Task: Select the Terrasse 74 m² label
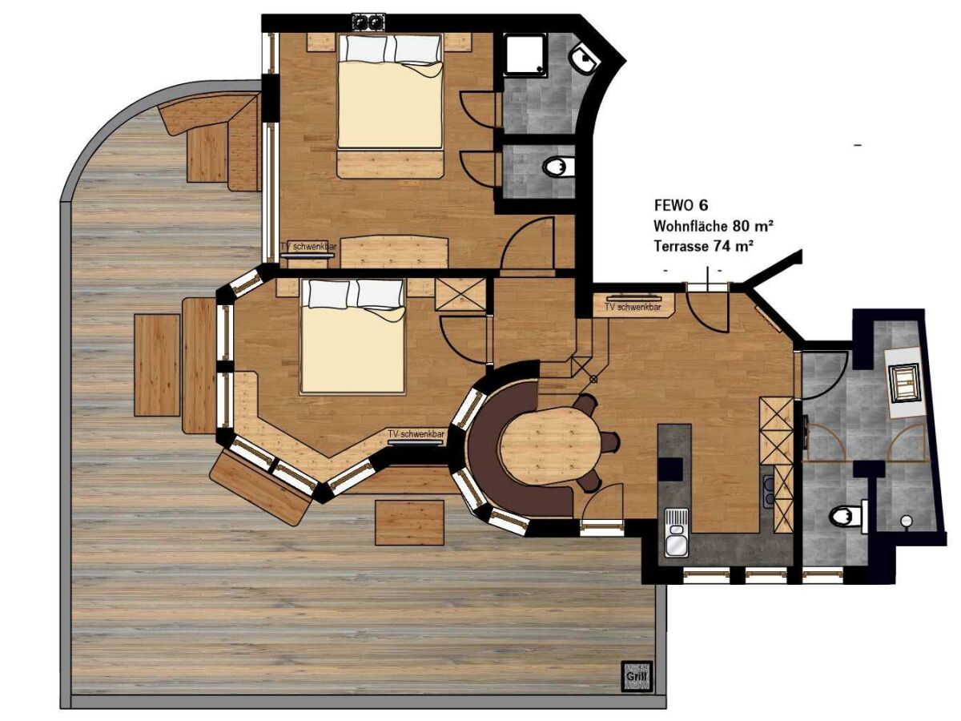tap(704, 246)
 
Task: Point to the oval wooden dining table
tap(550, 445)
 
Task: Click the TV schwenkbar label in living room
tap(633, 308)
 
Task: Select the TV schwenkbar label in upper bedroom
tap(308, 247)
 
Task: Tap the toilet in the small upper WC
tap(558, 167)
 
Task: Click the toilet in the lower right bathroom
tap(847, 516)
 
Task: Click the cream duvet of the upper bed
tap(390, 105)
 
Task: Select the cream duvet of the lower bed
tap(352, 349)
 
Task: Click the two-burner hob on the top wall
tap(369, 22)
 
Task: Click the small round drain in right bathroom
tap(905, 521)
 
